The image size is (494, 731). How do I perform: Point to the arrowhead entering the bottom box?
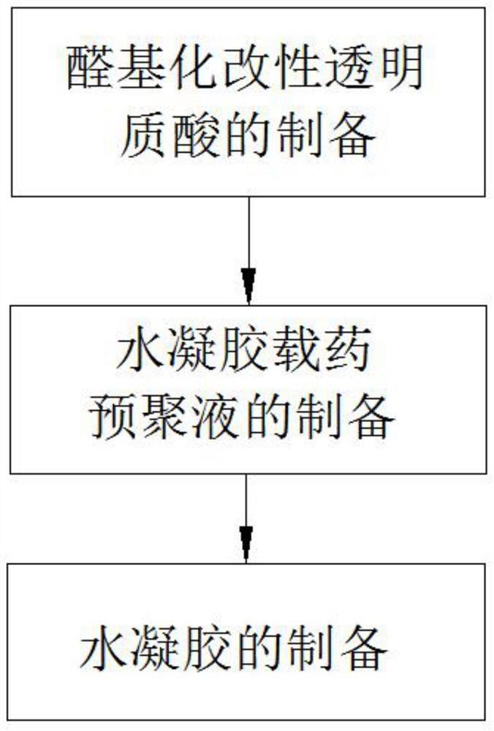click(247, 545)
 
